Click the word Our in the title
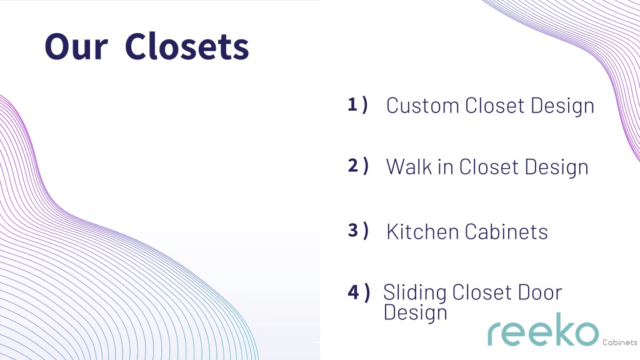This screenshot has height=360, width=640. tap(76, 46)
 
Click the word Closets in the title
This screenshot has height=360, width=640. tap(187, 46)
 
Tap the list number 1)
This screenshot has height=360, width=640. tap(358, 104)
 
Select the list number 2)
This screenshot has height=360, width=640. tap(358, 166)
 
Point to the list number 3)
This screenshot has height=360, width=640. tap(358, 230)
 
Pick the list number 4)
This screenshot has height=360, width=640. tap(359, 292)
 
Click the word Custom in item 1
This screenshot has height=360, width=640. tap(423, 106)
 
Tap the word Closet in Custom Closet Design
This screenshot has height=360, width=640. tap(495, 106)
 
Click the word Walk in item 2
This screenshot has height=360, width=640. tap(409, 167)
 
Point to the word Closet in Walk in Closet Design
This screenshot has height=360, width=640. tap(489, 167)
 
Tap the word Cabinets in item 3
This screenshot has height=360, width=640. tap(506, 232)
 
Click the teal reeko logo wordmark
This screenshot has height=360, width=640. tap(543, 330)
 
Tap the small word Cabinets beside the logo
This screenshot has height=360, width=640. tap(619, 342)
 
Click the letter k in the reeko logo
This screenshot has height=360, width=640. tap(561, 329)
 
